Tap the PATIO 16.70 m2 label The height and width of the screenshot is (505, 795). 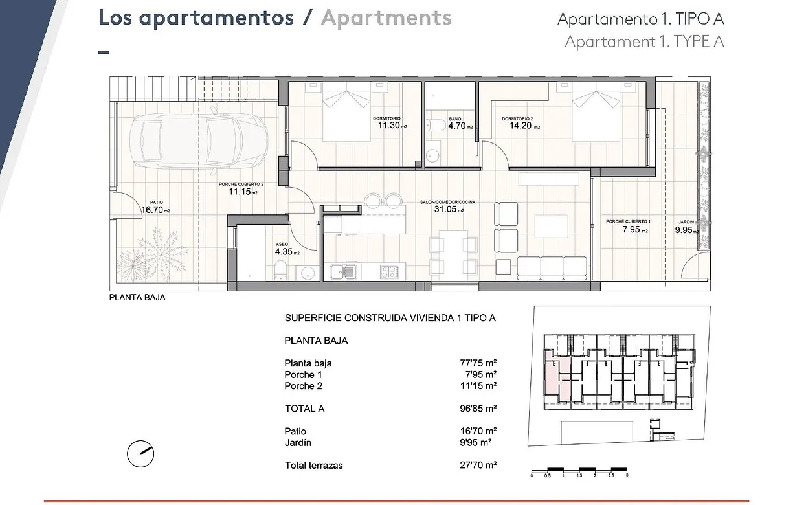[155, 209]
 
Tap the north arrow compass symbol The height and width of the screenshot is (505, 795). [140, 454]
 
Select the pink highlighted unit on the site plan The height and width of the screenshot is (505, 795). [557, 379]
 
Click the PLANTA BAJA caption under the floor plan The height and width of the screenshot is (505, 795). [137, 298]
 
